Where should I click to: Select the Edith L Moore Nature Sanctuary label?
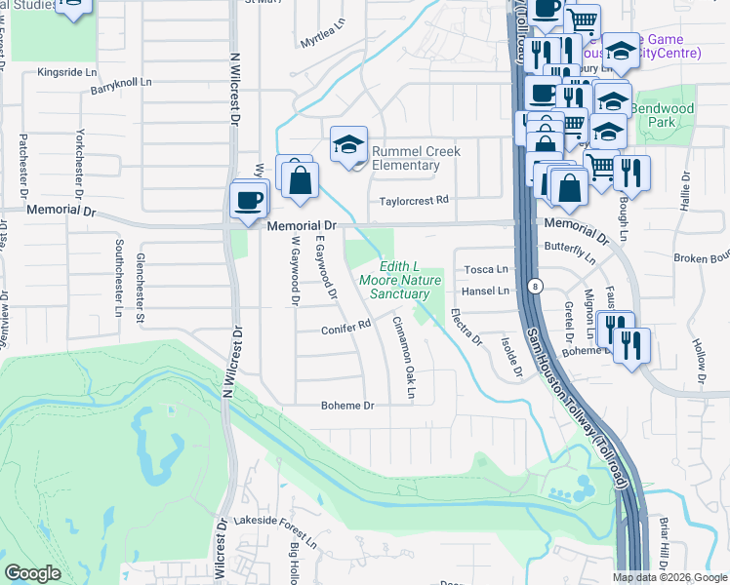[x=400, y=281]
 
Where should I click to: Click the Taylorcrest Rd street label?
[x=415, y=200]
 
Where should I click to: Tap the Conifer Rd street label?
[x=346, y=330]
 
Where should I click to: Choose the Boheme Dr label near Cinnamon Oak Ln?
[x=348, y=406]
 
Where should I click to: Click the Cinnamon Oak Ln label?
[x=404, y=357]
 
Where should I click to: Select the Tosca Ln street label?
[x=485, y=269]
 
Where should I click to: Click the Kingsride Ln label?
[x=67, y=72]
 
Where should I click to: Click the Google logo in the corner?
[x=32, y=573]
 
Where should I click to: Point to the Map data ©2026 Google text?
[x=669, y=577]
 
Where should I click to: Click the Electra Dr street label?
[x=466, y=328]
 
